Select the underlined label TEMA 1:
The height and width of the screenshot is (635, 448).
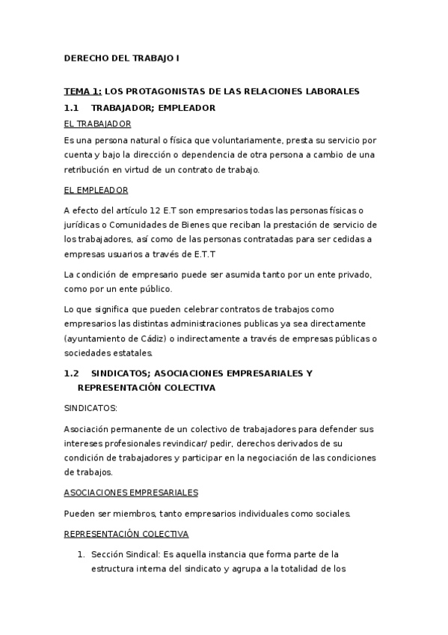(82, 91)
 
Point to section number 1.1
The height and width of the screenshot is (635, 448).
(72, 108)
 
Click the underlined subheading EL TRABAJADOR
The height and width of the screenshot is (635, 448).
(97, 124)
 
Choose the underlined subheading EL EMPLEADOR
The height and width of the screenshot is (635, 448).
(96, 190)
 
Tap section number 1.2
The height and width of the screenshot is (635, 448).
(72, 372)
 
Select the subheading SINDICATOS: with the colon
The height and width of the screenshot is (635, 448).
(90, 408)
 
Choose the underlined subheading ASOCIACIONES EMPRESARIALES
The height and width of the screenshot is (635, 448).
(131, 493)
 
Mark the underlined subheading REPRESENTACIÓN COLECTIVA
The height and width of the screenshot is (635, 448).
(126, 534)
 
